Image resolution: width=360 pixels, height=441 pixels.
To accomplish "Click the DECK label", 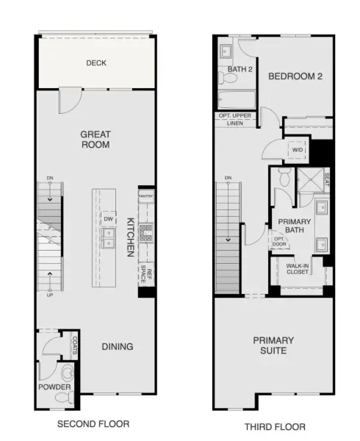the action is pos(96,62).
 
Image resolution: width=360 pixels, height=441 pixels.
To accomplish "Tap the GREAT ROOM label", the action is pos(96,140).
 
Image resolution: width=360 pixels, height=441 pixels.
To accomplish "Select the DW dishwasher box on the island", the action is pos(109,219).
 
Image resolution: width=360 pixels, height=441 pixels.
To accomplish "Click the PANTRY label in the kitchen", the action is pos(146,196).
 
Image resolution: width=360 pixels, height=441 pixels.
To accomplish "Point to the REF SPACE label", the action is pos(146,273).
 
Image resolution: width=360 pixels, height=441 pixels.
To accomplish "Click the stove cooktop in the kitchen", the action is pos(146,233).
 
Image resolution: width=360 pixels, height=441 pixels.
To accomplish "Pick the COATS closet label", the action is pos(75,345).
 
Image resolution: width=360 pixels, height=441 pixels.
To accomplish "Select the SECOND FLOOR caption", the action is pos(93,424).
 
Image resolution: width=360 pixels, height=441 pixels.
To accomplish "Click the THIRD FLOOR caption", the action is pos(275,427).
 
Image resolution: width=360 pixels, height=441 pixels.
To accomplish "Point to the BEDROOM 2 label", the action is pos(295,76).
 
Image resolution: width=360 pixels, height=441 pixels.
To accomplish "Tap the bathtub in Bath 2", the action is pos(237,99).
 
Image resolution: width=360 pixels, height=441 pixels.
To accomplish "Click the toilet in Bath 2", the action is pos(228,77).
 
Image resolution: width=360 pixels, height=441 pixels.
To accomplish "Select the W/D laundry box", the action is pos(297,150).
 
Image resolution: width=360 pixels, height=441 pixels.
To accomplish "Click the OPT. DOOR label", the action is pos(279,242).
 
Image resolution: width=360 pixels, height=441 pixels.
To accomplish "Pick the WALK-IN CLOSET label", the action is pos(298,269).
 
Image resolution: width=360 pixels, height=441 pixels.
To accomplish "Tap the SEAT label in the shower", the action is pos(327,179).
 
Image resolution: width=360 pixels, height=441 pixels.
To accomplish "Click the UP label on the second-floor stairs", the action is pos(50,295).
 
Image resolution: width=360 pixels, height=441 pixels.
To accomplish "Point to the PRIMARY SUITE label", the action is pos(273,345).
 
